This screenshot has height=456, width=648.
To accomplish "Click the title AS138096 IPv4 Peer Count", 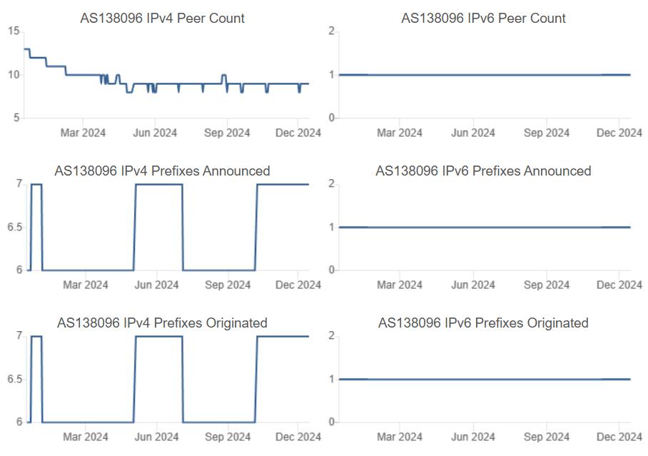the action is [x=163, y=18].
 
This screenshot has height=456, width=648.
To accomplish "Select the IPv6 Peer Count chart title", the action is [x=484, y=18].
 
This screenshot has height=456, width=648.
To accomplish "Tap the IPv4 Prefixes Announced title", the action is [x=163, y=171].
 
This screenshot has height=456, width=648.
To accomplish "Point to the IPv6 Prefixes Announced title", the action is [x=484, y=171].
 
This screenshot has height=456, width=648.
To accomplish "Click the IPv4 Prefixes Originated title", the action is [x=163, y=323].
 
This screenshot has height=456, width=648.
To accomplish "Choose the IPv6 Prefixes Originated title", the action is [x=484, y=323].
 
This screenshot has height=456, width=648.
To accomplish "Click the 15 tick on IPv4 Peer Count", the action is [x=14, y=31].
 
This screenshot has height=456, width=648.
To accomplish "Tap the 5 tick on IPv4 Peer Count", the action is [x=16, y=118].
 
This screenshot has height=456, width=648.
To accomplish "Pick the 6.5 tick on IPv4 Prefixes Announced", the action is [x=15, y=228].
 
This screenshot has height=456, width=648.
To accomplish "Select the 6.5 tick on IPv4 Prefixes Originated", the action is [x=15, y=380].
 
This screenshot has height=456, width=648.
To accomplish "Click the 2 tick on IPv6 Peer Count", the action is [x=331, y=31].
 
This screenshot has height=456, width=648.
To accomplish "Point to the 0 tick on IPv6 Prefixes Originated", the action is [x=331, y=422].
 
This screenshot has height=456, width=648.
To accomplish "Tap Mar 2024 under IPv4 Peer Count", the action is [x=83, y=133].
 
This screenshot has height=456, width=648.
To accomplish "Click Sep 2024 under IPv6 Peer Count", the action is [x=547, y=133].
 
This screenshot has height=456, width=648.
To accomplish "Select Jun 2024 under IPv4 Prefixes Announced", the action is [x=156, y=285].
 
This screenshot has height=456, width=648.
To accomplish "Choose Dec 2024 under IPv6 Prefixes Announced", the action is [x=619, y=285].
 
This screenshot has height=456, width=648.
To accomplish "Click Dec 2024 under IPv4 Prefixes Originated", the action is [x=298, y=437].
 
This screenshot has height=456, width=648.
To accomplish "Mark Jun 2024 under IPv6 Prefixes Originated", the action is [x=473, y=437].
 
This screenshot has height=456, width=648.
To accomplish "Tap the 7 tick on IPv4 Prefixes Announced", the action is [x=19, y=183].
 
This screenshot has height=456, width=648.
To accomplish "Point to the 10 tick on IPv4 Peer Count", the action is [x=14, y=75].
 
